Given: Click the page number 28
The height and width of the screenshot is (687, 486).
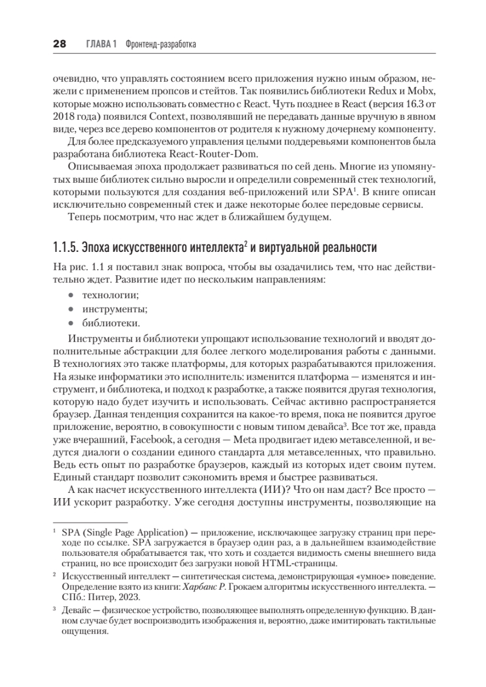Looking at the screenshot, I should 60,44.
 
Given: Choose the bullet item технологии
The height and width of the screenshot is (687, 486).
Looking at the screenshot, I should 112,295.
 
